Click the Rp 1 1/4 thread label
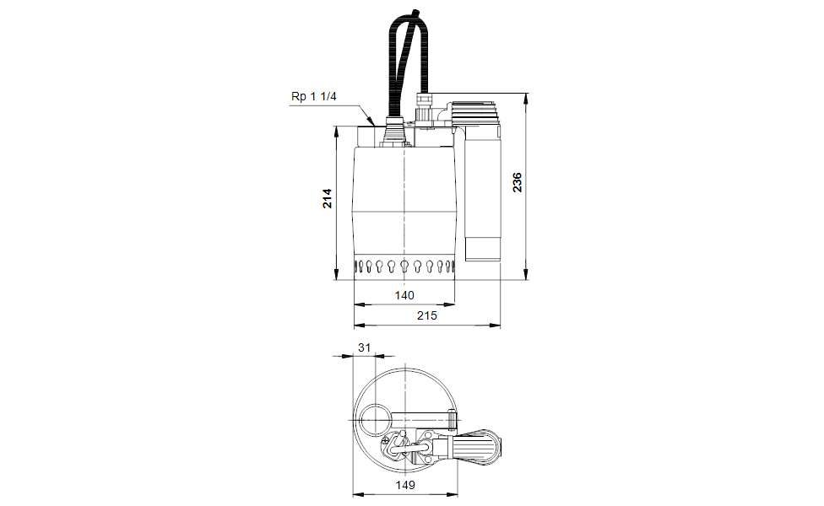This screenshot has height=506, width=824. tap(314, 97)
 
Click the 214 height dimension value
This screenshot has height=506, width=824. tap(328, 198)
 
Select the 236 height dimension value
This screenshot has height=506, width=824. tap(518, 182)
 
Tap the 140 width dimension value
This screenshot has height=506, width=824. tap(404, 295)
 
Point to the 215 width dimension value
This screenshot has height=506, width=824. tap(426, 315)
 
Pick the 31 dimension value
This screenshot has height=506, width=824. tap(364, 347)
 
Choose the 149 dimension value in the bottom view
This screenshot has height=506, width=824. tap(405, 485)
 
